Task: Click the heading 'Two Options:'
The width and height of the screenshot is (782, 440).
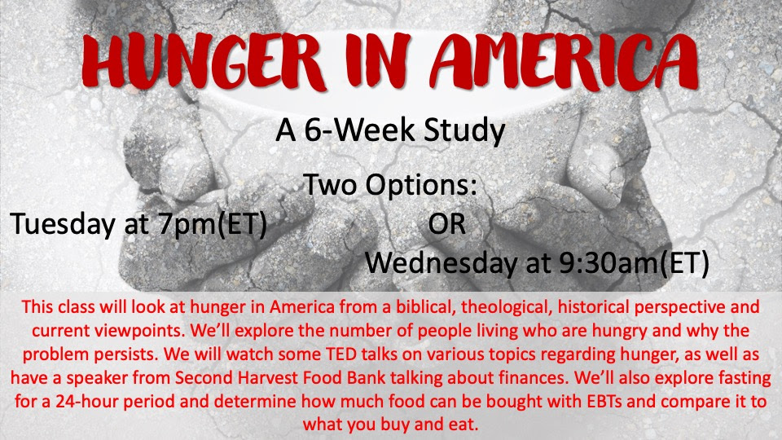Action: [390, 185]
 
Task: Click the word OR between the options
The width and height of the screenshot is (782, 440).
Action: [446, 225]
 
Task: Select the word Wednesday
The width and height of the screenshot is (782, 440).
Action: [441, 263]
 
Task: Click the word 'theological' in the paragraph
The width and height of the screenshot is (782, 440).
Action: [506, 307]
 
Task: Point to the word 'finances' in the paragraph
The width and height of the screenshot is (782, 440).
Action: [536, 377]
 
